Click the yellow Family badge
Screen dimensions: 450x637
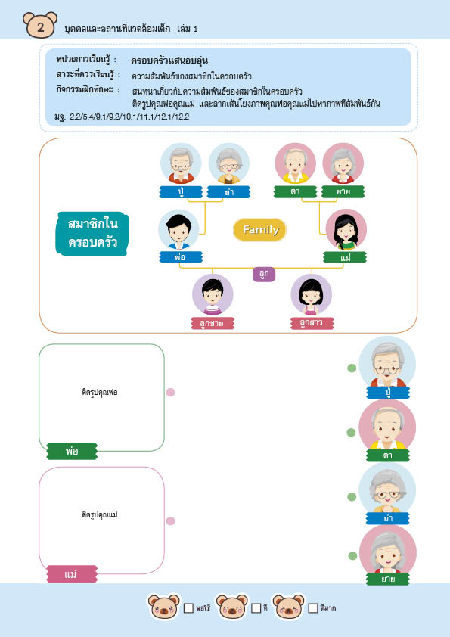(259, 230)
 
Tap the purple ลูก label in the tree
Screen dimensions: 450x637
(264, 274)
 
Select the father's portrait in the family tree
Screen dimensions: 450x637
(179, 230)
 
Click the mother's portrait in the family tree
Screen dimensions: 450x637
(346, 230)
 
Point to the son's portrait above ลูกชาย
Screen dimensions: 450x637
(213, 294)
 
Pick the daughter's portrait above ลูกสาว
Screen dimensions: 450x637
(311, 294)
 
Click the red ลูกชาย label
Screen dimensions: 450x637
(213, 323)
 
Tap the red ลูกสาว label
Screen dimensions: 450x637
(312, 323)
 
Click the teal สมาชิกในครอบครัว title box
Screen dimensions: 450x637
(92, 234)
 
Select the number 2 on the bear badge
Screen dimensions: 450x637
(40, 27)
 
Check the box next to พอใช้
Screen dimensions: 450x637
(188, 608)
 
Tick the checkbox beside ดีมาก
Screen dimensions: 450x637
(312, 608)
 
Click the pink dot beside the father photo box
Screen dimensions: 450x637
(171, 392)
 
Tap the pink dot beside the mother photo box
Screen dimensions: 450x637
(171, 520)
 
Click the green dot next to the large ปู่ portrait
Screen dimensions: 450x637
(352, 368)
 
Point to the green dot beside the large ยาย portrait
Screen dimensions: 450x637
(352, 555)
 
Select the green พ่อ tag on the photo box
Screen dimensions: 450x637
(72, 452)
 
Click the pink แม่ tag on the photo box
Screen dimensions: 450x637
(72, 574)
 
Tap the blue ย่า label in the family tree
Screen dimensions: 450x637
(228, 192)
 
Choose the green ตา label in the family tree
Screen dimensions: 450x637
(295, 191)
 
